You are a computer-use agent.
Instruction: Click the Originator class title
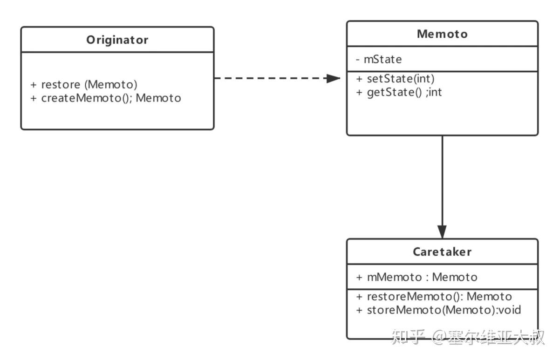coord(117,40)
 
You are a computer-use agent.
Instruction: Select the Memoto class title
coord(442,34)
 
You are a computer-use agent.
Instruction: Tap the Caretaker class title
coord(442,252)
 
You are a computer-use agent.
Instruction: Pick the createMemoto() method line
coord(106,98)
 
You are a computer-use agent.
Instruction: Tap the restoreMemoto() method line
coord(434,297)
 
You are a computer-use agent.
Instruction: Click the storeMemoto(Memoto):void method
coord(438,310)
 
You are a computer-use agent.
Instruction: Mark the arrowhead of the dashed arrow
coord(334,79)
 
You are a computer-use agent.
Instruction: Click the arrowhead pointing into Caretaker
coord(442,232)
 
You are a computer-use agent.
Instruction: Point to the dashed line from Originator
coord(270,79)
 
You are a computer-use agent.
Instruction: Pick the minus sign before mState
coord(358,60)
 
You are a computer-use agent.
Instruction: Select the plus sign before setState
coord(359,79)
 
